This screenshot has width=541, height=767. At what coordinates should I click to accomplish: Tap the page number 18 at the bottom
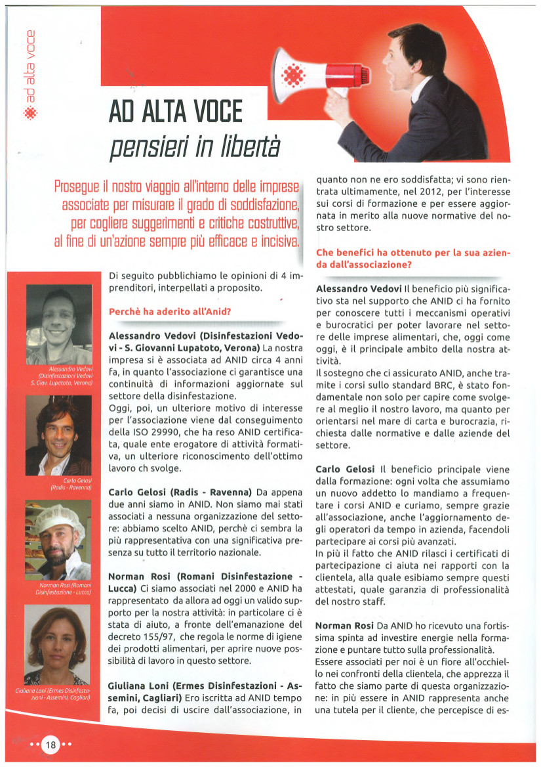tap(50, 745)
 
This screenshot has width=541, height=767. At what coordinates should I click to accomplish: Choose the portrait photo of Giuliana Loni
tap(57, 644)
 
